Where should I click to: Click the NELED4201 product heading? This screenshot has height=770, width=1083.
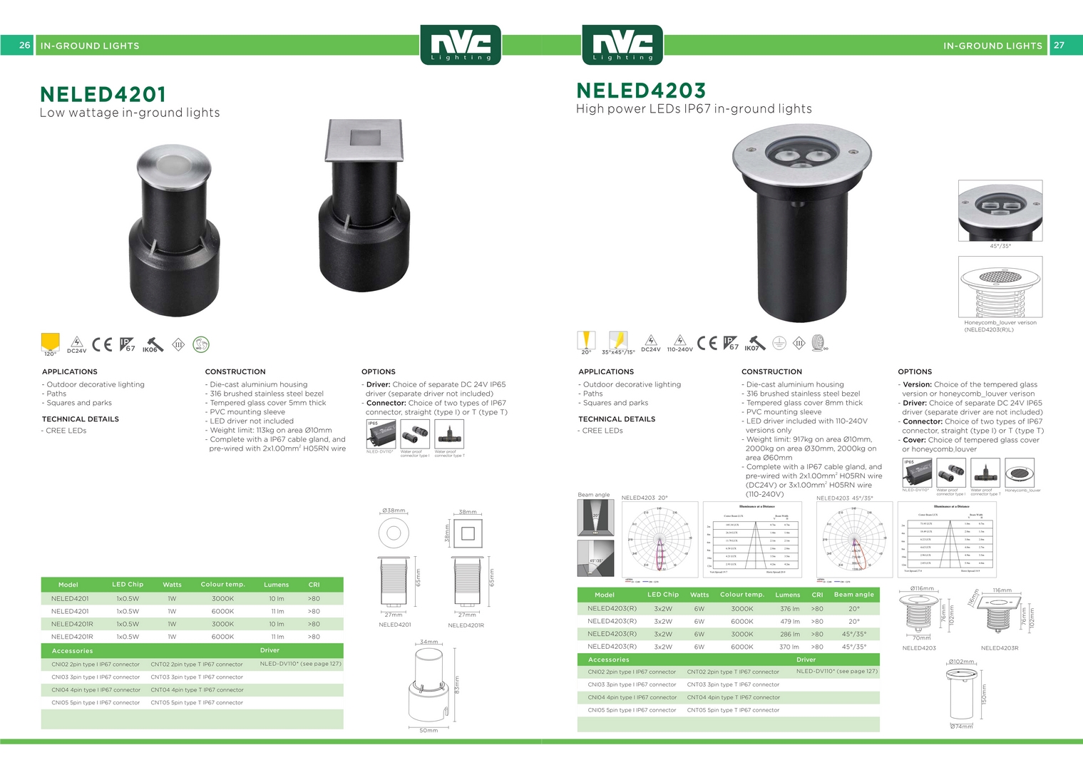coord(103,94)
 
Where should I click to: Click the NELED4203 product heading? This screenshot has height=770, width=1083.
coord(641,91)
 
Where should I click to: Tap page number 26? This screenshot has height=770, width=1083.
coord(24,45)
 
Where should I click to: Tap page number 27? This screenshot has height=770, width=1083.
coord(1059,45)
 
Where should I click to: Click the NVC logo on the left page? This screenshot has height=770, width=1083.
coord(461,45)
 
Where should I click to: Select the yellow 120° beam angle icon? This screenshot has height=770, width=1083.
coord(50,343)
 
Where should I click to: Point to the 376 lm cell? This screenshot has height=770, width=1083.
coord(789,609)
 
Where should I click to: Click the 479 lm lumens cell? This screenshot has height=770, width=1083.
coord(789,622)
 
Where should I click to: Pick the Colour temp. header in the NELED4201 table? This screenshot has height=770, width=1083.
coord(222,585)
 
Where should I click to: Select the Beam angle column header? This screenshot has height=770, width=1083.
coord(853,595)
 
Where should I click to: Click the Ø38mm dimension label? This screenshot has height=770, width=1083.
coord(394,510)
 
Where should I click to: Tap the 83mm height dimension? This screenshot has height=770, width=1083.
coord(457,684)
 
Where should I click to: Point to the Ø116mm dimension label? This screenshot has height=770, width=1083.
coord(922,589)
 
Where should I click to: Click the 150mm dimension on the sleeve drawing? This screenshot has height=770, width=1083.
coord(984,693)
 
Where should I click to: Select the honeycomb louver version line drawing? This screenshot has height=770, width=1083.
coord(1000,287)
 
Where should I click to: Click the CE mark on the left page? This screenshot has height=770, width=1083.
coord(102,344)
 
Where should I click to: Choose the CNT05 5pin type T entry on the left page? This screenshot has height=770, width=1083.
coord(197,703)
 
